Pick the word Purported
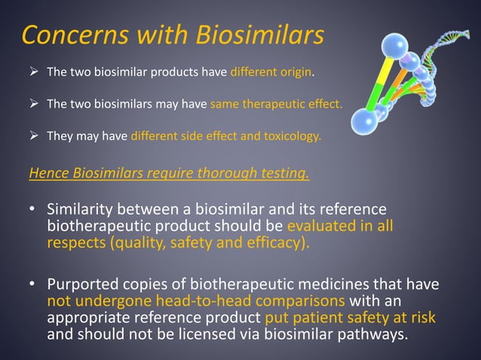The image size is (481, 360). pos(82,285)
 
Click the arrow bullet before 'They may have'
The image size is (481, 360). pos(34,136)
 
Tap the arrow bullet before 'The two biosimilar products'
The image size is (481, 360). pos(34,73)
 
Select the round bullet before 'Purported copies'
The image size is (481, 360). pos(33,285)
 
